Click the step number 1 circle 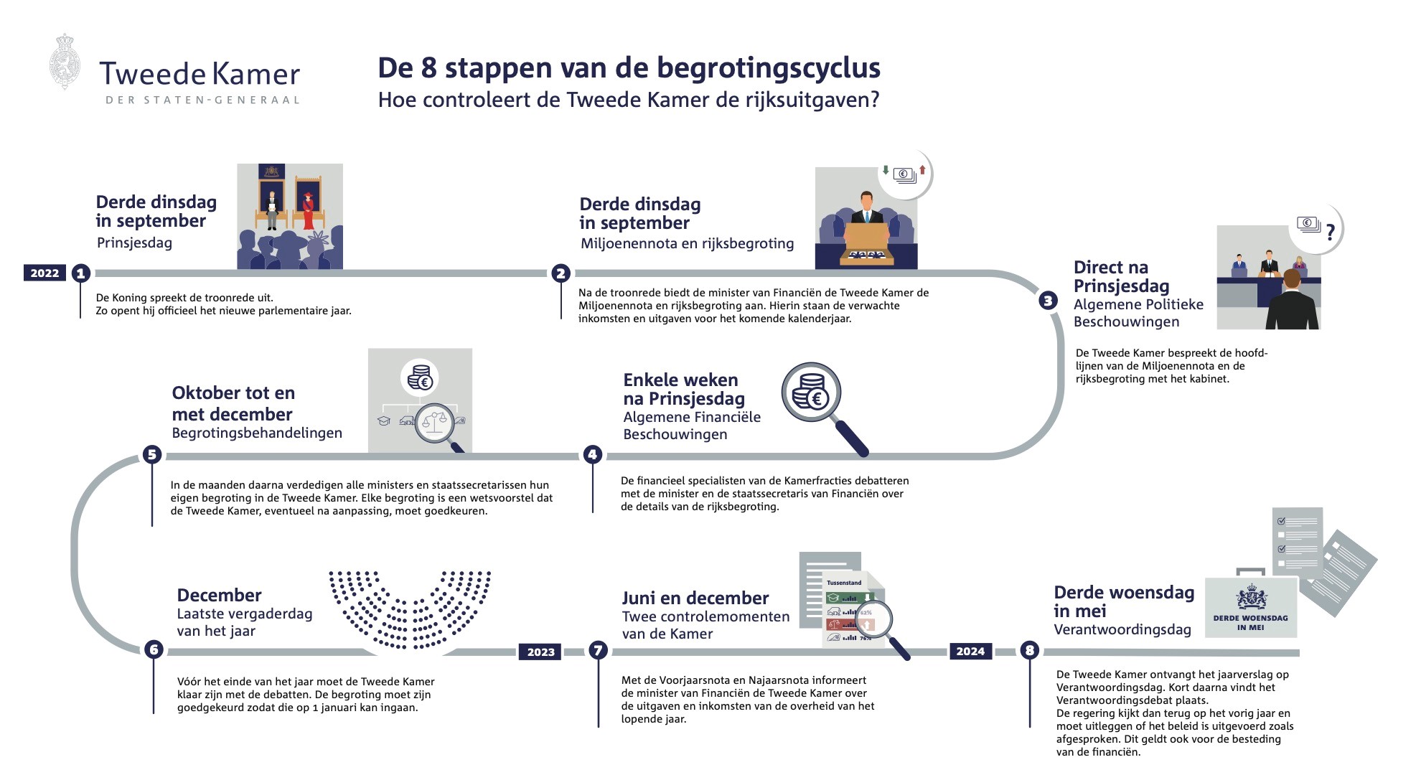(x=80, y=273)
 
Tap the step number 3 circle (x=1049, y=301)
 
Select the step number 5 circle (x=151, y=454)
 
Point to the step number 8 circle (x=1030, y=650)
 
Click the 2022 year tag (x=44, y=273)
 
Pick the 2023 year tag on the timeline (x=540, y=652)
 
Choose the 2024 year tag (x=970, y=651)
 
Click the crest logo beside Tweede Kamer (x=65, y=62)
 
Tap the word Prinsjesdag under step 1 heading (x=134, y=243)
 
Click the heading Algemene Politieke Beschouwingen (x=1138, y=313)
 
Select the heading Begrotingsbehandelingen (x=257, y=433)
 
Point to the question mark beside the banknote (x=1330, y=232)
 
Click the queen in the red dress (x=309, y=210)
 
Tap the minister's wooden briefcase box (x=866, y=242)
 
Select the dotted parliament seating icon (x=410, y=610)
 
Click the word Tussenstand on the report (x=844, y=583)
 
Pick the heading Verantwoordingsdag (x=1122, y=629)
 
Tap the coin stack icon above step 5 (x=420, y=377)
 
